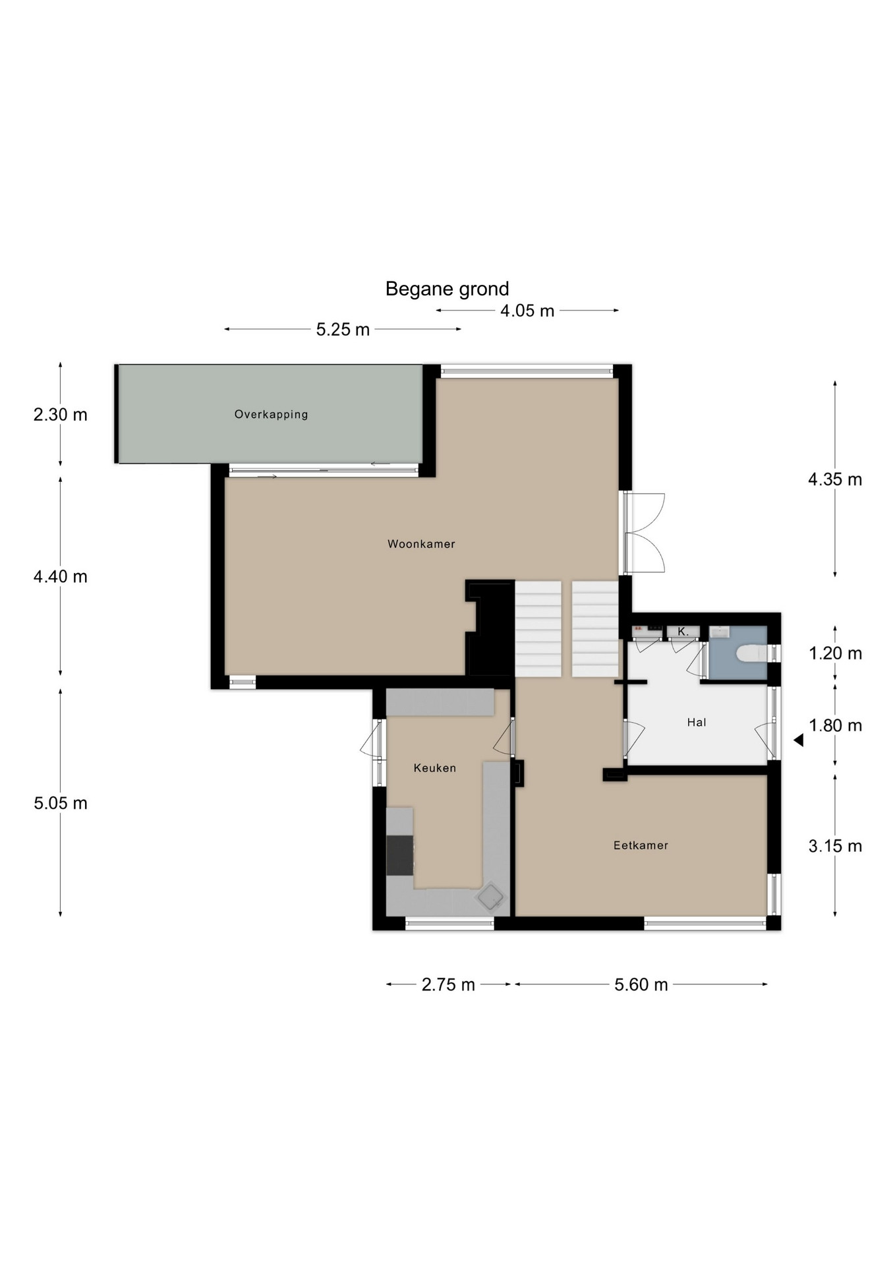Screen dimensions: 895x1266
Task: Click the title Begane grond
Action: (x=447, y=289)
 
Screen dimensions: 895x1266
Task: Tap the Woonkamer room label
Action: (x=421, y=544)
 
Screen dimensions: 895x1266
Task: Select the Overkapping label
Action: (x=271, y=415)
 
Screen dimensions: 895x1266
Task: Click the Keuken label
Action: (x=434, y=768)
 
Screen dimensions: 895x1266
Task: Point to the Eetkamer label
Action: (x=641, y=845)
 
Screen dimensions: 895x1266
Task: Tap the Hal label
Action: (x=696, y=723)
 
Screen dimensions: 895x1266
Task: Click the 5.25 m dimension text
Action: (x=343, y=330)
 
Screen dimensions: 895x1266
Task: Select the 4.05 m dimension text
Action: (x=527, y=311)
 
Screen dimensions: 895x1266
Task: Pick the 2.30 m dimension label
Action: (x=61, y=415)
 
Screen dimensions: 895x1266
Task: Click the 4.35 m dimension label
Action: (x=835, y=479)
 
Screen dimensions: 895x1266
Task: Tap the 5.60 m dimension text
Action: (x=641, y=985)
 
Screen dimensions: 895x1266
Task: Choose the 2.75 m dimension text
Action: (x=448, y=985)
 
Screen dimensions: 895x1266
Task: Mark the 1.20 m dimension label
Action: (x=835, y=653)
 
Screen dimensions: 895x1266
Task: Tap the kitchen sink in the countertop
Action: (x=490, y=897)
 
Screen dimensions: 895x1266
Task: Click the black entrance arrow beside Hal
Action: (x=799, y=740)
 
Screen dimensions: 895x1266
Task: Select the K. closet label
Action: (x=683, y=632)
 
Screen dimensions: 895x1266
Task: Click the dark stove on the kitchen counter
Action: (x=399, y=855)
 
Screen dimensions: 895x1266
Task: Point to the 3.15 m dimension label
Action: (x=835, y=846)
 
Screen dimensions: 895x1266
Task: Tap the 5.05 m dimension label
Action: (x=61, y=803)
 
